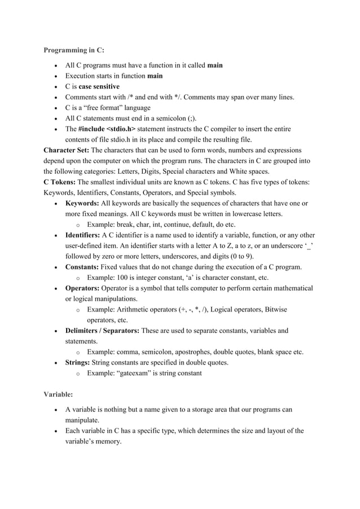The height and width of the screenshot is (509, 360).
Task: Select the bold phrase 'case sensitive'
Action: [x=99, y=86]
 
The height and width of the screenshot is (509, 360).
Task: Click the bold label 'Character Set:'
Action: [x=66, y=151]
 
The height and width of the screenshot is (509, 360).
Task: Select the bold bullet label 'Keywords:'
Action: [x=82, y=203]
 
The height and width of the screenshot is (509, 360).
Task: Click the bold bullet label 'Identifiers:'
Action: [x=83, y=235]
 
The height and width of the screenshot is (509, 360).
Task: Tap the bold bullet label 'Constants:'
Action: [x=84, y=267]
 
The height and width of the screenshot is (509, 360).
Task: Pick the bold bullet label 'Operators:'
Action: [x=84, y=288]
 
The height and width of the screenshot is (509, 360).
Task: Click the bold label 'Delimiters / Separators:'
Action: [x=103, y=331]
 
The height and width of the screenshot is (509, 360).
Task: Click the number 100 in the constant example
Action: [x=122, y=278]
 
